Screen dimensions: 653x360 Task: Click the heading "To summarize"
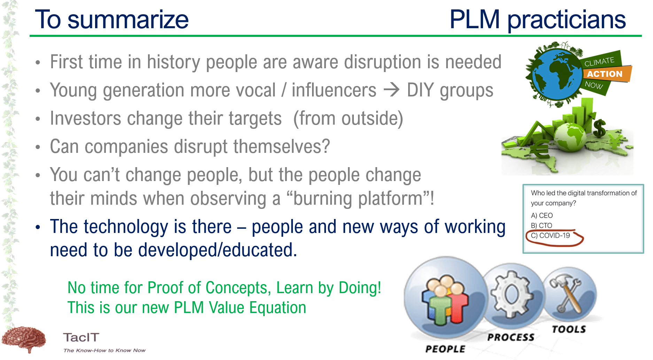[x=112, y=19]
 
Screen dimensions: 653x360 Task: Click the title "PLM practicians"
[x=538, y=19]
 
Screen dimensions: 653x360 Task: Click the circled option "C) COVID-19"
[x=550, y=236]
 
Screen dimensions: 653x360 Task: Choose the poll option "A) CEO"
[x=542, y=216]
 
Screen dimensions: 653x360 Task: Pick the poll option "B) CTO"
[x=542, y=226]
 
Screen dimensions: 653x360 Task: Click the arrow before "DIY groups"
[x=391, y=90]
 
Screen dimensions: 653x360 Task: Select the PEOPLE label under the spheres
[x=445, y=349]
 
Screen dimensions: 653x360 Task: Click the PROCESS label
[x=511, y=337]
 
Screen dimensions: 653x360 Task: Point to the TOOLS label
[x=569, y=329]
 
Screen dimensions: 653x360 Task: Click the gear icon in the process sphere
[x=511, y=295]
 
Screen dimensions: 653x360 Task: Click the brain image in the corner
[x=24, y=339]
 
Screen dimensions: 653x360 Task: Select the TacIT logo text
[x=81, y=337]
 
